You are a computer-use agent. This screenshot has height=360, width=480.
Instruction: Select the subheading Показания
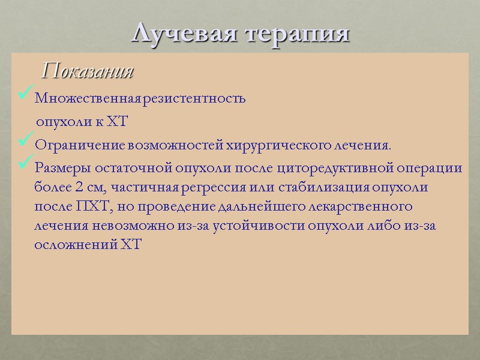click(88, 72)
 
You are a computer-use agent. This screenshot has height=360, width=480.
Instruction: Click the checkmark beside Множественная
click(26, 95)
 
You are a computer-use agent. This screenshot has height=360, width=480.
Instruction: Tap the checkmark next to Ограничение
click(26, 142)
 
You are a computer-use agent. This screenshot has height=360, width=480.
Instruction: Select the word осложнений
click(68, 246)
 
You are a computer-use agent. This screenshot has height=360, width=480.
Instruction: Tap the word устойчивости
click(241, 226)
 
